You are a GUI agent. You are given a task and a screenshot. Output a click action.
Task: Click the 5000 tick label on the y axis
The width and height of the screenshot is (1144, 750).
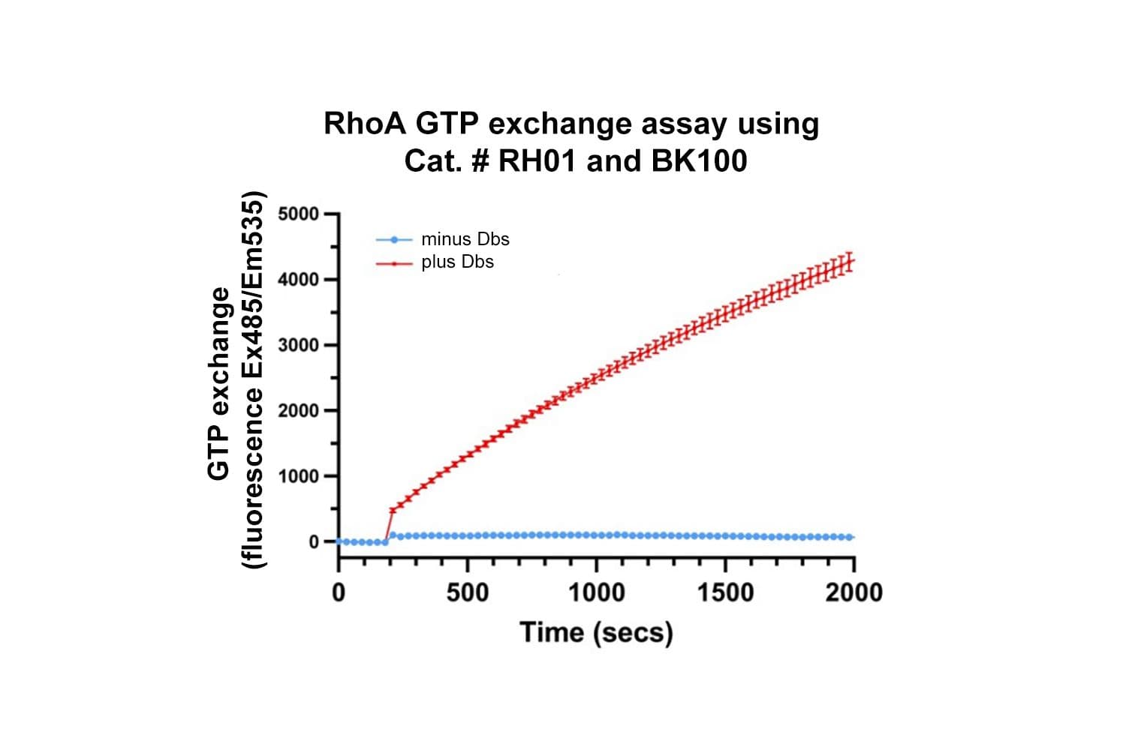[x=298, y=214]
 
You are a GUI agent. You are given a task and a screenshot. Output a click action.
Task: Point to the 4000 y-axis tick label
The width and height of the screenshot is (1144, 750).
[x=298, y=280]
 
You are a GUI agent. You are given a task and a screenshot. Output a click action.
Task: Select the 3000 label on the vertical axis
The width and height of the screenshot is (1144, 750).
[x=298, y=345]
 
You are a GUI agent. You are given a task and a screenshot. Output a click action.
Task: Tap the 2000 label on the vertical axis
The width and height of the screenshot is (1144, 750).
[x=298, y=411]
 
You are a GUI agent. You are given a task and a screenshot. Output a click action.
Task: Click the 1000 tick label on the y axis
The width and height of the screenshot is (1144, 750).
[x=298, y=476]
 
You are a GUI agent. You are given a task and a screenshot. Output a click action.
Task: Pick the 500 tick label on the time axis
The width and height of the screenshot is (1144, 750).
[x=467, y=592]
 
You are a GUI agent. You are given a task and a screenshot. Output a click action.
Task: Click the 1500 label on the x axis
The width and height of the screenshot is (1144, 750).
[x=725, y=592]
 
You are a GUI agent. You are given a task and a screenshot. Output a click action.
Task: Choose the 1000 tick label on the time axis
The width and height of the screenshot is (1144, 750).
[x=596, y=592]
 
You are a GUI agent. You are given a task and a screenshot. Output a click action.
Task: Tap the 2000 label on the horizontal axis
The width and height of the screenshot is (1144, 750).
[x=854, y=592]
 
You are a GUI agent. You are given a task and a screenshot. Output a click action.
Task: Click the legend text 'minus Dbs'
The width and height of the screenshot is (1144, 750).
[x=465, y=239]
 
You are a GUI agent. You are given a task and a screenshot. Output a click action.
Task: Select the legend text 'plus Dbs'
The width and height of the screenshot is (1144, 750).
[x=457, y=262]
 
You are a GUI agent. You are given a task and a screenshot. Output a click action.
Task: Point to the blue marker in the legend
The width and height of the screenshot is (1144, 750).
[x=394, y=240]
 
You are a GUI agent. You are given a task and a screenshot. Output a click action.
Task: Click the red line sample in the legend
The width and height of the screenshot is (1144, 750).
[x=394, y=263]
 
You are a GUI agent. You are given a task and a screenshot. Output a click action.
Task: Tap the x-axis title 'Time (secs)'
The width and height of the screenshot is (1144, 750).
[x=596, y=632]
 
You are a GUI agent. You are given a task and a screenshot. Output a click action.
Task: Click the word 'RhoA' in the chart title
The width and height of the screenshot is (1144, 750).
[x=364, y=124]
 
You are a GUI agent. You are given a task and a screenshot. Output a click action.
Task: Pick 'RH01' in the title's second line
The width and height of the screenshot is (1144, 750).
[x=538, y=161]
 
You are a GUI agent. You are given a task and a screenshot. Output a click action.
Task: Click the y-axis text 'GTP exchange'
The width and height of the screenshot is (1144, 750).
[x=218, y=382]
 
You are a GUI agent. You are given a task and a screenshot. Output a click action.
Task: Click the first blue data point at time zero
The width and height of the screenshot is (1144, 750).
[x=339, y=541]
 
